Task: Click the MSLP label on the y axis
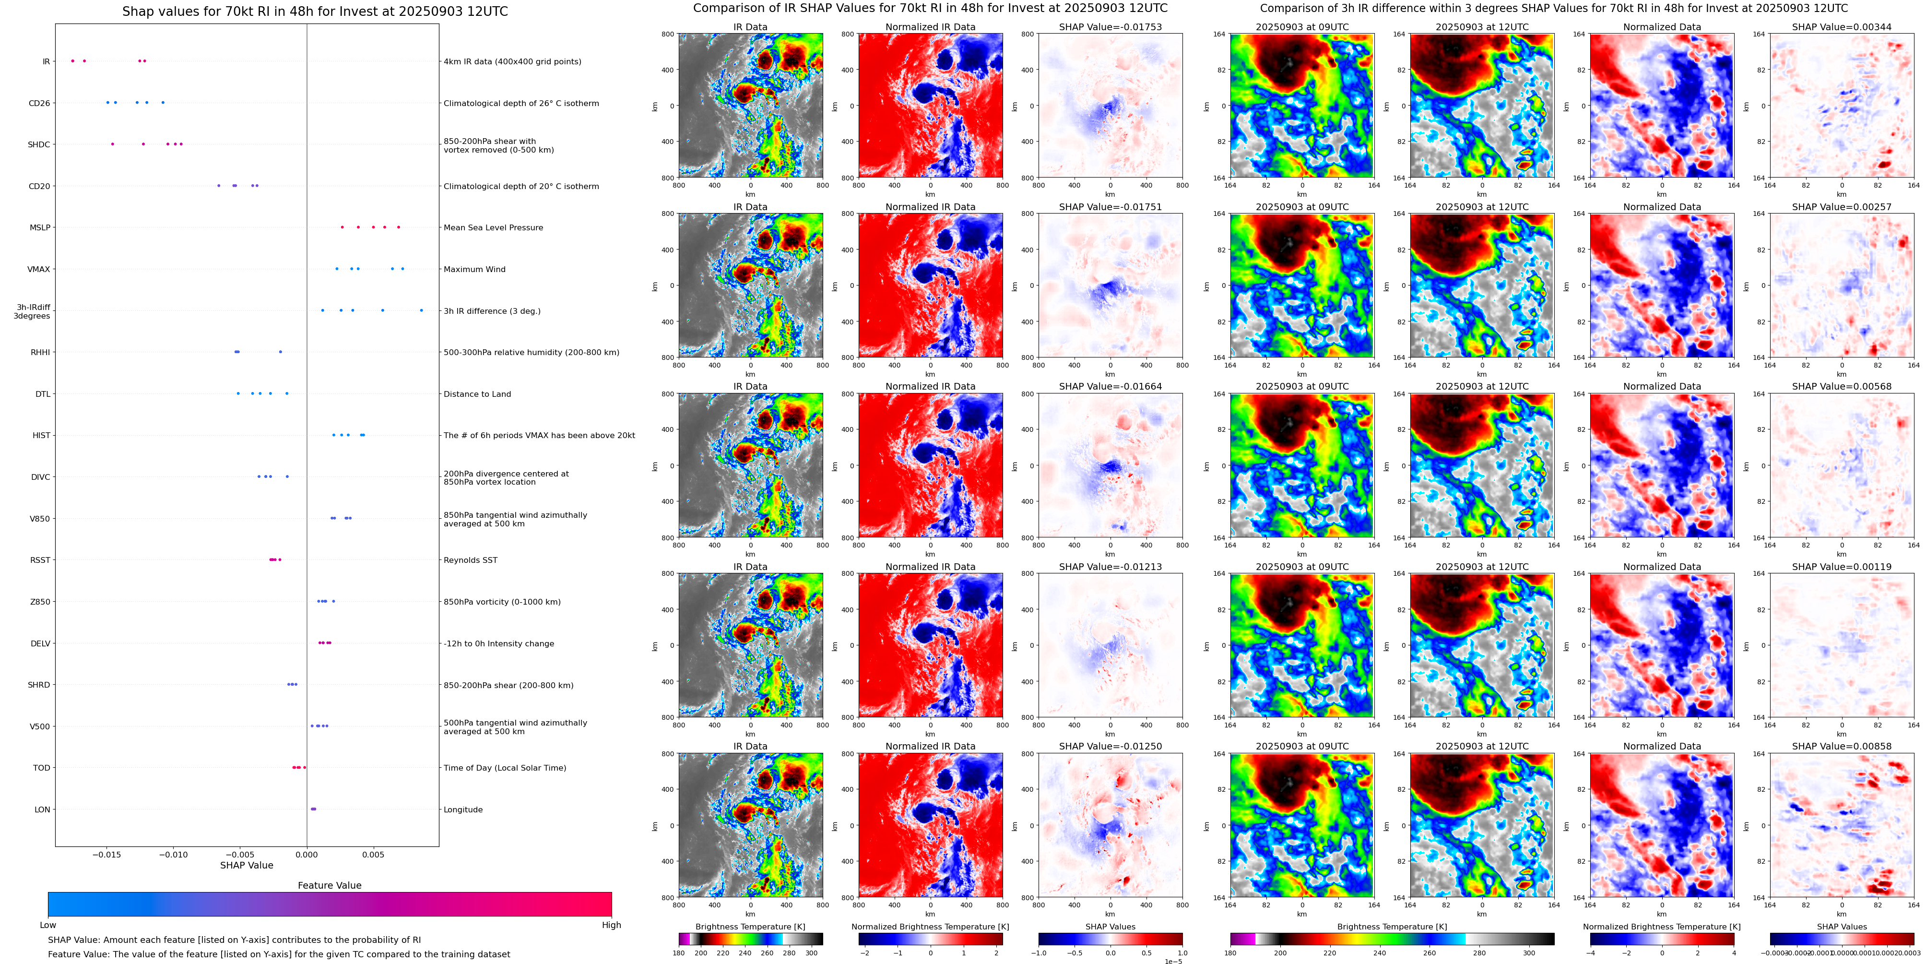click(x=40, y=228)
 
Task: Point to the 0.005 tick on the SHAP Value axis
click(x=373, y=855)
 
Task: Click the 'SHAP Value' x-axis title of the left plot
click(x=246, y=865)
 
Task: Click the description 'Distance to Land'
click(x=477, y=394)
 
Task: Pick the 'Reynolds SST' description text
click(x=470, y=560)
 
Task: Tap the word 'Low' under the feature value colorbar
click(x=48, y=925)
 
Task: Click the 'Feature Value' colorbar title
click(x=329, y=885)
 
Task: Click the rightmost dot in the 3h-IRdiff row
click(x=421, y=310)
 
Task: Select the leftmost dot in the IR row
click(x=72, y=60)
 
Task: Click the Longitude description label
click(x=463, y=810)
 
